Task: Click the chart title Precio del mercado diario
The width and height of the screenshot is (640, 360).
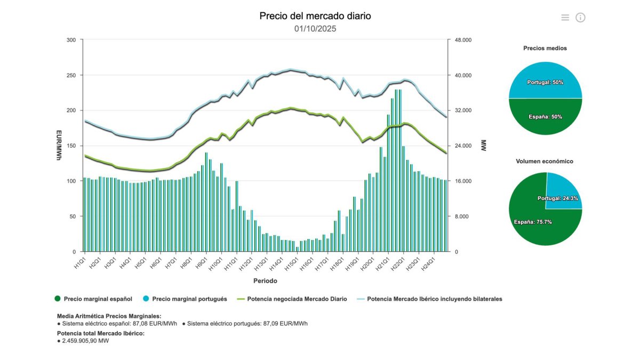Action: coord(315,16)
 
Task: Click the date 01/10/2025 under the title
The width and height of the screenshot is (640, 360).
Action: coord(315,29)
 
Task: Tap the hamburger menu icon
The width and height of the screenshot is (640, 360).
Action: coord(565,18)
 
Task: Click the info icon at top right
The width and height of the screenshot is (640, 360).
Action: coord(580,18)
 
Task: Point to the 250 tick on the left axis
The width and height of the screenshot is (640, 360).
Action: coord(71,75)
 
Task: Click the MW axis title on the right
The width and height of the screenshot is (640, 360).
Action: coord(484,146)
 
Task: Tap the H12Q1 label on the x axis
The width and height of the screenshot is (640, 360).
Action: coord(246,263)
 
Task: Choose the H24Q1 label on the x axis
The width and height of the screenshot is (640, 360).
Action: coord(429,263)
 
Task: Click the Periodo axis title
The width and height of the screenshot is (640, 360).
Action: coord(265,281)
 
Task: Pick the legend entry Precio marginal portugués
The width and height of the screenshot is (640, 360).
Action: coord(189,299)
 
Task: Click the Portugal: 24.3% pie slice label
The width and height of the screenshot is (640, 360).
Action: coord(558,198)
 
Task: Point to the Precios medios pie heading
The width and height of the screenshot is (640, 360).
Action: coord(545,48)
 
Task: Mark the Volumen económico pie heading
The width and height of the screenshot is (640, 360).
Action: coord(545,161)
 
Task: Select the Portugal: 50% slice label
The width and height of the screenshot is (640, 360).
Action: coord(545,83)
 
